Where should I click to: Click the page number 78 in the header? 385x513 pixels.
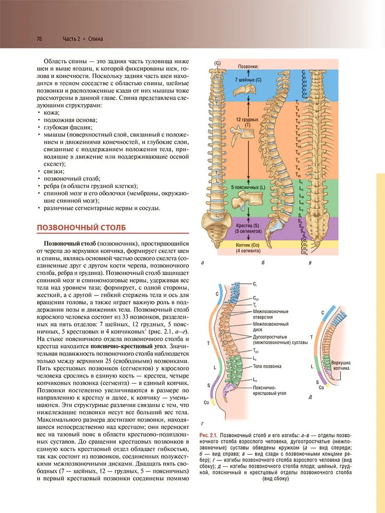click(x=38, y=38)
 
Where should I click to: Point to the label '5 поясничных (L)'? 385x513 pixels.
click(x=248, y=188)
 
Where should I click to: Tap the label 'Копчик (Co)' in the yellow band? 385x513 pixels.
click(x=248, y=247)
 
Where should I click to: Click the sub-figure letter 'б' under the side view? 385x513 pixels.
click(x=262, y=263)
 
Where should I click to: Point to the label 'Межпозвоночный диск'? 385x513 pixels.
click(x=270, y=327)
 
